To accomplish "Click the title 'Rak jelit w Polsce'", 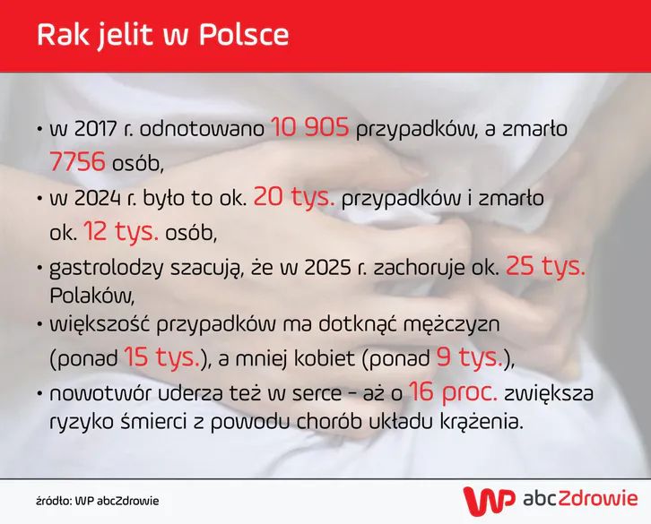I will [x=163, y=34].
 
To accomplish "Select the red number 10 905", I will [x=310, y=129].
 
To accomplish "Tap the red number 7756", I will [x=78, y=162].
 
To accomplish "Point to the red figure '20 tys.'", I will [x=293, y=197].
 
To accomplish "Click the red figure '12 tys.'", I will [x=121, y=232].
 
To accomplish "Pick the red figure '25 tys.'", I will [x=545, y=266].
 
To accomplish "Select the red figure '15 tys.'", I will [x=161, y=358].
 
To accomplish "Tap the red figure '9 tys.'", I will [x=468, y=358].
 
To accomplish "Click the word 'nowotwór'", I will [x=94, y=393].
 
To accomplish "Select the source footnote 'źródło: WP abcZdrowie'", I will [x=98, y=500].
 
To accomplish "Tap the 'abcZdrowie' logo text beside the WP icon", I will [x=580, y=498].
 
